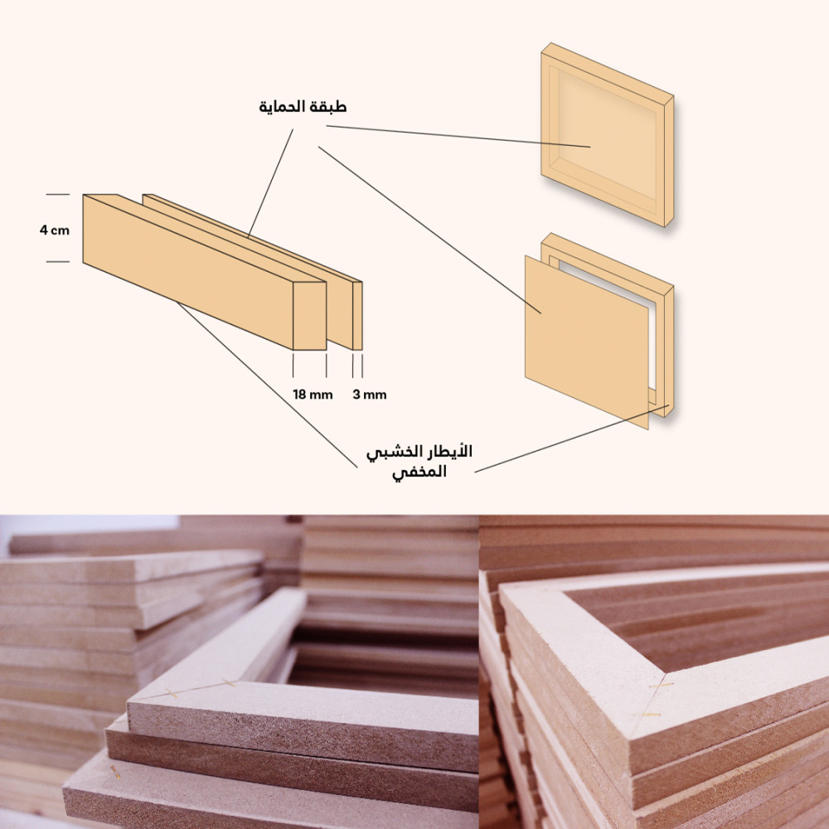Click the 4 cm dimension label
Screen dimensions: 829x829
point(55,230)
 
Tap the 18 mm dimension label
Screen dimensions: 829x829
point(313,395)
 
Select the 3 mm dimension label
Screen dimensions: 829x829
point(370,395)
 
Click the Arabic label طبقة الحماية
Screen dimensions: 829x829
point(303,107)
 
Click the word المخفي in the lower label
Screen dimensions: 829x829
point(419,472)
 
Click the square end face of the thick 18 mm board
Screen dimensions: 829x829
point(309,316)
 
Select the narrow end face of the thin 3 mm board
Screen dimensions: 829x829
point(357,316)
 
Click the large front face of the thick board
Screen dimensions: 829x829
point(187,272)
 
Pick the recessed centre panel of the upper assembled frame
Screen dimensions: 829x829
point(607,135)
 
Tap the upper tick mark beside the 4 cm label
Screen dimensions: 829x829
point(58,195)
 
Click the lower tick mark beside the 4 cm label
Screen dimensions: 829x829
point(58,261)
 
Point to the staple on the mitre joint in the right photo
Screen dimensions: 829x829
point(662,686)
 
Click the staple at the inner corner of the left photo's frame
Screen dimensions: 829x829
point(229,682)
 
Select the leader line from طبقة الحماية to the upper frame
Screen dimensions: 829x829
point(458,137)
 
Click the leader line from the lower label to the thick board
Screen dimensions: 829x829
point(267,385)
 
